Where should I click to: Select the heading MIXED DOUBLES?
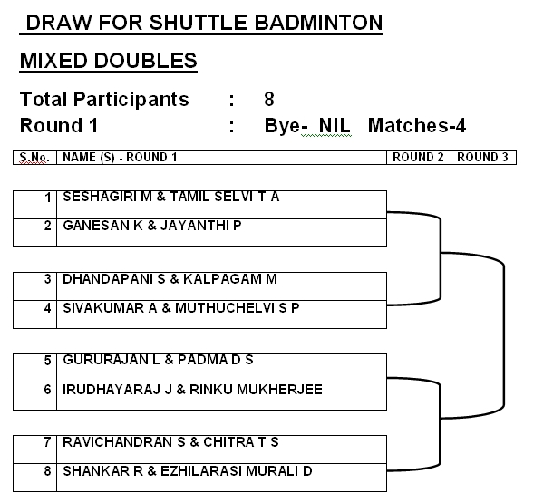(108, 61)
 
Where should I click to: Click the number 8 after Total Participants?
(269, 99)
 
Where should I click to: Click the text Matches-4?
(417, 125)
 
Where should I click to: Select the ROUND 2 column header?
(418, 157)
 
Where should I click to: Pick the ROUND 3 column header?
(482, 157)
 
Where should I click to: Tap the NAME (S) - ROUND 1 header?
(120, 157)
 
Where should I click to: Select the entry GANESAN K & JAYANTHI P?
(151, 225)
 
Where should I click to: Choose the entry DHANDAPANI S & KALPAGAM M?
(170, 278)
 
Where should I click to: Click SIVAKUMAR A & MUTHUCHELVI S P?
(181, 307)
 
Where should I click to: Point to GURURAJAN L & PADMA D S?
(158, 360)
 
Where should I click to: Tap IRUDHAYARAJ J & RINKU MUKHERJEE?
(192, 389)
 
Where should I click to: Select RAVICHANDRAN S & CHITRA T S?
(170, 441)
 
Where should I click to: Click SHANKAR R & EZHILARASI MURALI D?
(188, 470)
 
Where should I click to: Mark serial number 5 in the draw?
(47, 360)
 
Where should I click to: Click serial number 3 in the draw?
(47, 278)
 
